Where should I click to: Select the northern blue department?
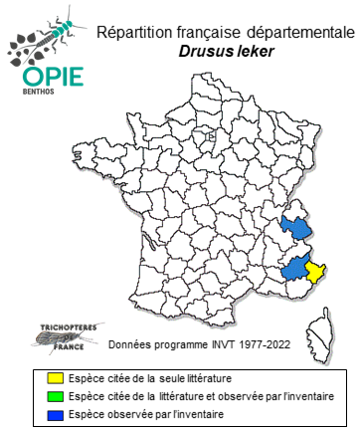[295, 230]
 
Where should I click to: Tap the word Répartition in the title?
[130, 33]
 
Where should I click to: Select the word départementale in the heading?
[299, 33]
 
